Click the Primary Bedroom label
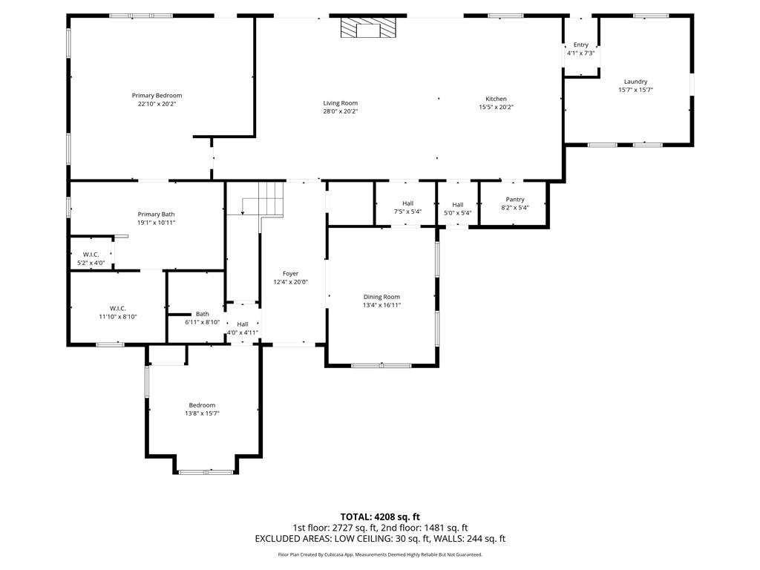(157, 96)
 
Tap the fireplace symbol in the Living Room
(368, 29)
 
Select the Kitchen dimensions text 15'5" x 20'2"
(496, 108)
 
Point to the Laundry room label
(635, 82)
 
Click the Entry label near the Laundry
(580, 45)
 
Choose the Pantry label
(515, 200)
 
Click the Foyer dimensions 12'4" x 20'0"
(290, 282)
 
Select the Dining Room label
(381, 297)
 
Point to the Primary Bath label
(157, 214)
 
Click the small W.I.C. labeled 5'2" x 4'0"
(91, 255)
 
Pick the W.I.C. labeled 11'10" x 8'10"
(117, 308)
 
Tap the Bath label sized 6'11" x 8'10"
(203, 314)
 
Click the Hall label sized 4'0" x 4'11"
(243, 324)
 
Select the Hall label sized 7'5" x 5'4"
(407, 203)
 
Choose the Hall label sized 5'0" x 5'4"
(457, 205)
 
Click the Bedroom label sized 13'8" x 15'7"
(202, 405)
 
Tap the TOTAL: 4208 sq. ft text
(380, 517)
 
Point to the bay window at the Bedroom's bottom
(206, 471)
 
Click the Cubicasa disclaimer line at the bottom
(380, 554)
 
